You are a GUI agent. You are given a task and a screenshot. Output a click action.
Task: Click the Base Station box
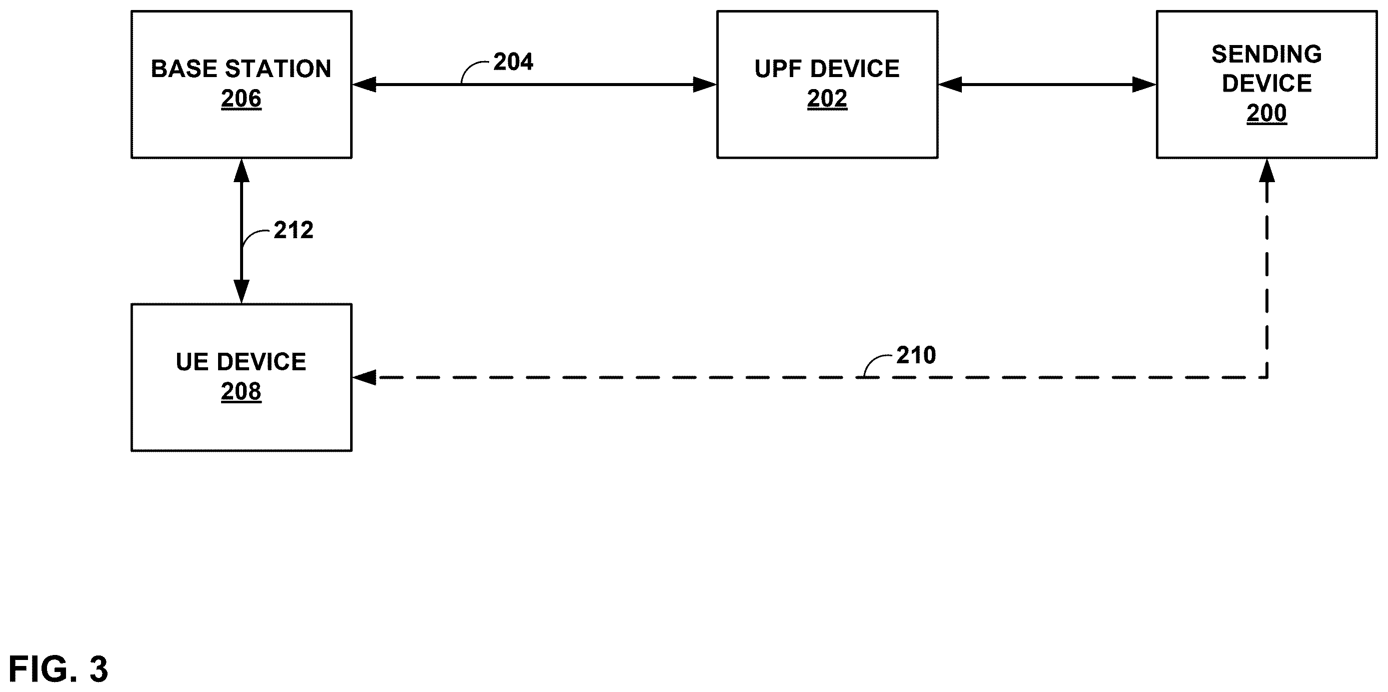tap(242, 85)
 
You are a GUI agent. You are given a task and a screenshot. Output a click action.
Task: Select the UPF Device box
tap(827, 85)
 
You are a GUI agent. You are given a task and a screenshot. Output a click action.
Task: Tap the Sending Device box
tap(1267, 85)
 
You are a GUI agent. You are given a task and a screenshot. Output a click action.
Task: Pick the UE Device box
tap(242, 377)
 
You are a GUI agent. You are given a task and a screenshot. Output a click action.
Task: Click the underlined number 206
tap(242, 99)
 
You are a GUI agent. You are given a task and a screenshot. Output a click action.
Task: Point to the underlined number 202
tap(827, 99)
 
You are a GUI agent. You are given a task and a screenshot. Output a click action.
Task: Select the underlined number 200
tap(1267, 114)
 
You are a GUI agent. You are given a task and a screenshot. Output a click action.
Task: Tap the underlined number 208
tap(242, 392)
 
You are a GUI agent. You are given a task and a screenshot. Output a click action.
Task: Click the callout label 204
tap(513, 62)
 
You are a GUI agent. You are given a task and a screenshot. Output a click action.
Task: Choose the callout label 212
tap(293, 231)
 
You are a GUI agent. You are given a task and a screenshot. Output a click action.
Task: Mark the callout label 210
tap(916, 356)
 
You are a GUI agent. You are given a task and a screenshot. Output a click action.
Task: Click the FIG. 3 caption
tap(58, 669)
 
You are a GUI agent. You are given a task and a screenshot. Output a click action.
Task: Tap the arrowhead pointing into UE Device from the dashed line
tap(364, 377)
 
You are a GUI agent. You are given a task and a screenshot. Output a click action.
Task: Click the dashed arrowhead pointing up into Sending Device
tap(1267, 170)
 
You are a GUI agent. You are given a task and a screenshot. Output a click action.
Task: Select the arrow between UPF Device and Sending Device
tap(1047, 85)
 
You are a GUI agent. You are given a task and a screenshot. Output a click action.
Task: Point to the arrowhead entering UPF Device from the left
tap(705, 85)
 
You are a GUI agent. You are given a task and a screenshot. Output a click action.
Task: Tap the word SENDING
tap(1267, 55)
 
